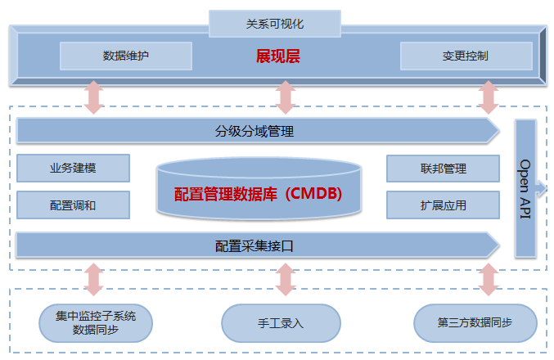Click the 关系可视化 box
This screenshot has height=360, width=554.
point(275,24)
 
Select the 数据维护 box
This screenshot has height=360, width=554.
point(126,56)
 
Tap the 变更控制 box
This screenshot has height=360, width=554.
point(466,56)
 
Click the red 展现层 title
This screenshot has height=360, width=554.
point(278,56)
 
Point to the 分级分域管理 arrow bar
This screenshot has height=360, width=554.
point(258,131)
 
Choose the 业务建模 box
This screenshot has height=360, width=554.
point(73,169)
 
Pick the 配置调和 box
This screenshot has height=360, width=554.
point(73,205)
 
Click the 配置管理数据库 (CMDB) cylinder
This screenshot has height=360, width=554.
point(259,189)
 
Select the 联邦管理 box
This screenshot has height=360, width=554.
point(443,169)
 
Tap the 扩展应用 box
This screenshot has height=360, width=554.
point(443,205)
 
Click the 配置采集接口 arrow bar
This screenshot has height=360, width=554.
point(258,245)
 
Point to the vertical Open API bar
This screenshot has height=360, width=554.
point(525,189)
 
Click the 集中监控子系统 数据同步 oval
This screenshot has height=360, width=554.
point(96,323)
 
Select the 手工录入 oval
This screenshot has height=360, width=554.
point(281,323)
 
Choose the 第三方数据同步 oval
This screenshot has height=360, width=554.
point(475,323)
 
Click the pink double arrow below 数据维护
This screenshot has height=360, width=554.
point(93,97)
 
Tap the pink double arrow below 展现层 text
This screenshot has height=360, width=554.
point(286,97)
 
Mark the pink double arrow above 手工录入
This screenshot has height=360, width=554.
point(286,279)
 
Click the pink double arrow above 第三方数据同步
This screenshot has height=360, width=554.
point(489,279)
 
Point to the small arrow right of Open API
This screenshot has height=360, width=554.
point(542,187)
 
